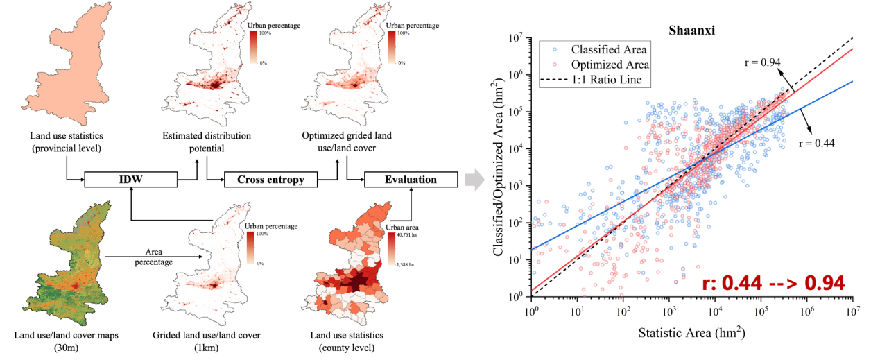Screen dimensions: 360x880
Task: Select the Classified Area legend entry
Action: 609,49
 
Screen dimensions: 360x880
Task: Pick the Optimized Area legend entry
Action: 609,65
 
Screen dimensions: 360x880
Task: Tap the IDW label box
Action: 131,180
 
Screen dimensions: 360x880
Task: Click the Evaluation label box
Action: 411,180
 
